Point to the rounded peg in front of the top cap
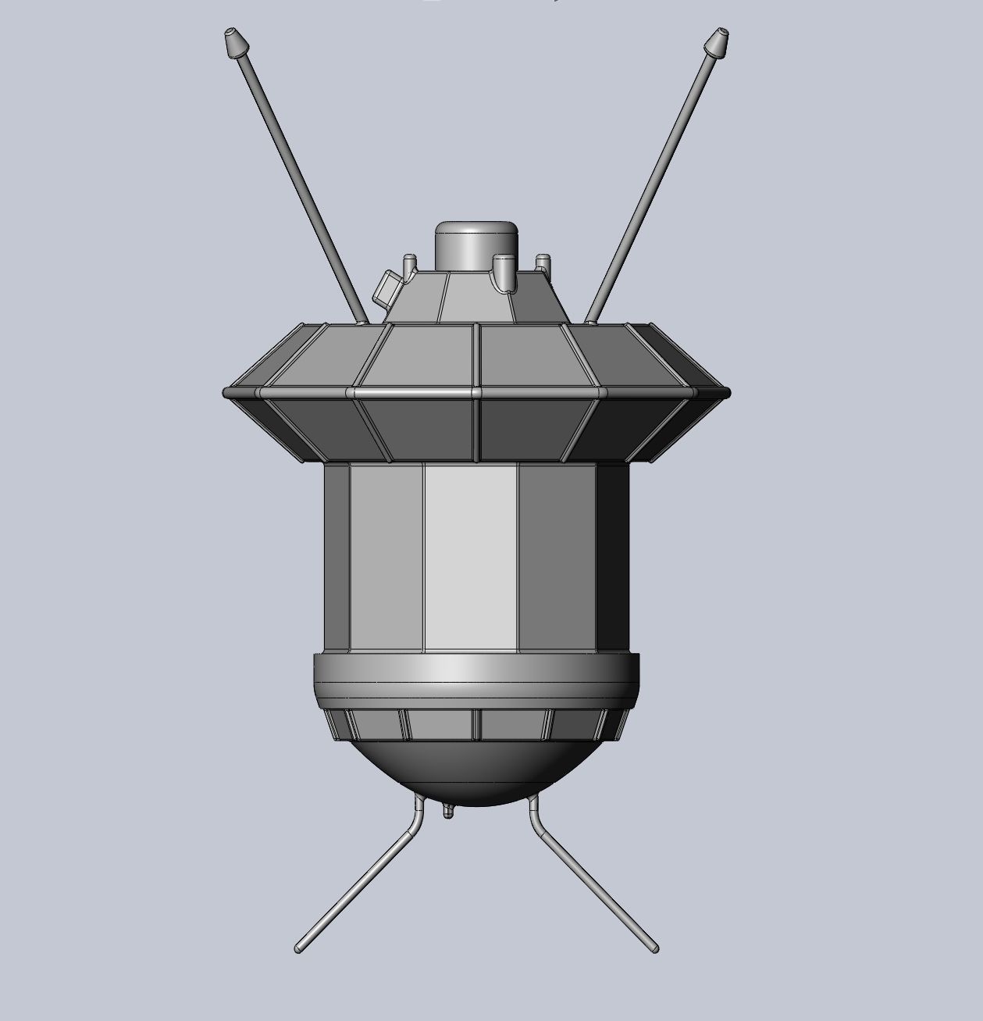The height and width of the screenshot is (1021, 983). [x=505, y=271]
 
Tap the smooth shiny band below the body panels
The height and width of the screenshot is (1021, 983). [x=476, y=669]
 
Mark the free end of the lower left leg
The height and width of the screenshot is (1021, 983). [x=299, y=948]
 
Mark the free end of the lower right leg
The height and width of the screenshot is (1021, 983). [x=654, y=948]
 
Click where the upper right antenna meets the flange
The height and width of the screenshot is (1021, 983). [x=589, y=320]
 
